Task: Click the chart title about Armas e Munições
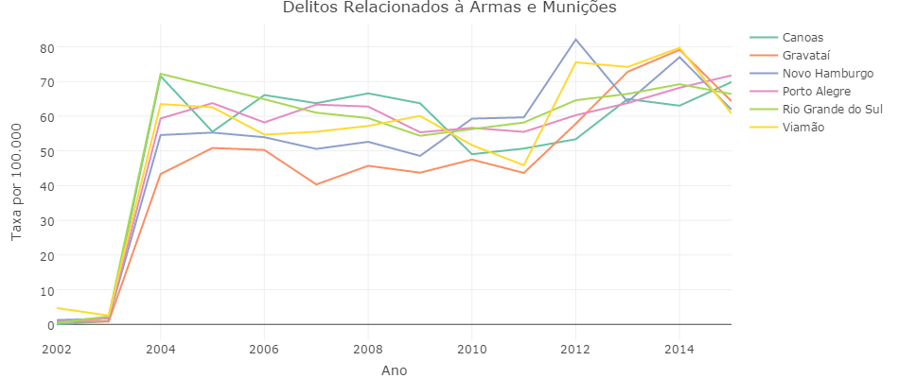tap(449, 9)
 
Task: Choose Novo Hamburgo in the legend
tap(827, 74)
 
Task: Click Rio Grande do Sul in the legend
tap(832, 110)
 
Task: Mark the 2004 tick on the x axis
tap(160, 350)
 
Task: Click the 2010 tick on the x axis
tap(471, 350)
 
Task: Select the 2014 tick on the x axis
tap(679, 350)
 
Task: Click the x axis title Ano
tap(394, 370)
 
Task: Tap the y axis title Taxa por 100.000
tap(16, 185)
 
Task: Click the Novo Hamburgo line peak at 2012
tap(575, 40)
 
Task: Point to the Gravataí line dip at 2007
tap(316, 184)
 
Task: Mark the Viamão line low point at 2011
tap(523, 165)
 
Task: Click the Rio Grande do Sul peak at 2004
tap(161, 74)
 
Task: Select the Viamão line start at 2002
tap(57, 308)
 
